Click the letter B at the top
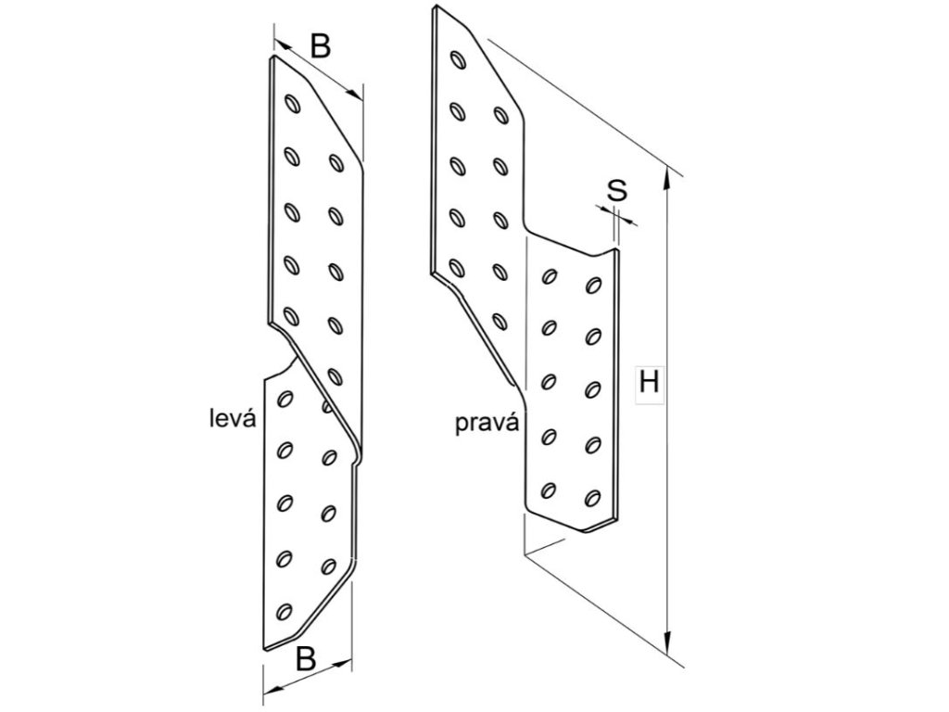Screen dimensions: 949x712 tap(320, 46)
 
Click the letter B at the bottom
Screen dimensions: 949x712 tap(306, 659)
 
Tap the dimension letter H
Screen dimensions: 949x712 tap(650, 382)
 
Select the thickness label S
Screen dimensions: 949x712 tap(617, 191)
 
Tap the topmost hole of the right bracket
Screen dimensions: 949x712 tap(457, 60)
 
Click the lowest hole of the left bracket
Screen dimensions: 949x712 tap(285, 612)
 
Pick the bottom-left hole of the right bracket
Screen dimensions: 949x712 tap(548, 488)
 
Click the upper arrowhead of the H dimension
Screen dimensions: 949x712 tap(668, 173)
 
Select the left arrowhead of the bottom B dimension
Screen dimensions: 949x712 tap(267, 691)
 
